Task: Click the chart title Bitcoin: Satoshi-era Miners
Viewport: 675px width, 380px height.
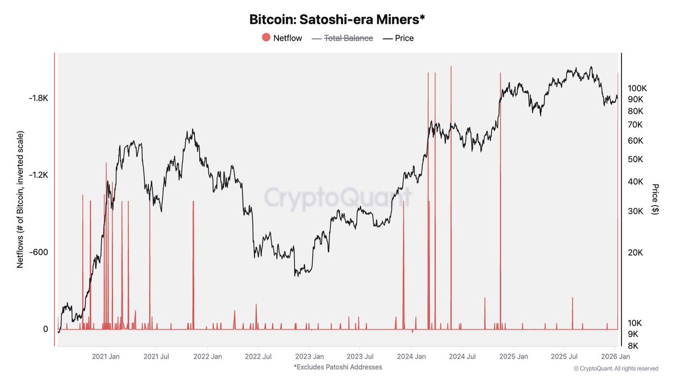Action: click(337, 20)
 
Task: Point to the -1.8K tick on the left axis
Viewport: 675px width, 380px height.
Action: click(38, 98)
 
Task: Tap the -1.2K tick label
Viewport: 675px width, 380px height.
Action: click(38, 175)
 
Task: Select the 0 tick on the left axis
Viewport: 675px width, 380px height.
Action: click(46, 329)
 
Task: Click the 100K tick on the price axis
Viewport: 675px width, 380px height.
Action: click(638, 88)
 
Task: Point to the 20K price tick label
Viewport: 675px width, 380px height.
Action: click(636, 252)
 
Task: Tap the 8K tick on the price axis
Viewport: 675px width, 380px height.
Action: click(634, 346)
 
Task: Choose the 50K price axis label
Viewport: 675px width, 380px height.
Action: click(636, 159)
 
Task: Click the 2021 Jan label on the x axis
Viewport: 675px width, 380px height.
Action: click(106, 356)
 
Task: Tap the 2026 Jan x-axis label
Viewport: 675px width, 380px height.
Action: click(615, 356)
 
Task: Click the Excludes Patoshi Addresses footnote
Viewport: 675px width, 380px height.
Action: click(337, 367)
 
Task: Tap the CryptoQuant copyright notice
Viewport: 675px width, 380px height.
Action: click(615, 369)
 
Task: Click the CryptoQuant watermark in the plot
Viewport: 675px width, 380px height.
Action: click(337, 198)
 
